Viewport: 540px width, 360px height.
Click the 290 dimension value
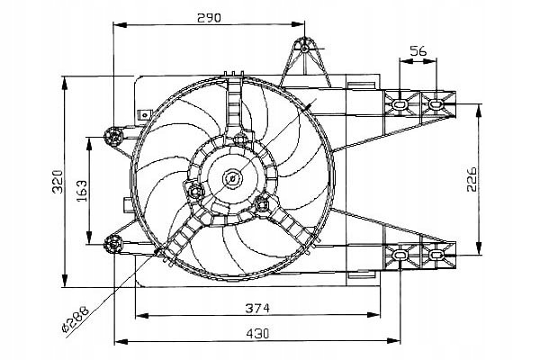209,18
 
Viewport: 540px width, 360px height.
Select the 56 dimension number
418,51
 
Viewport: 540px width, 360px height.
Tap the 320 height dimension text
58,182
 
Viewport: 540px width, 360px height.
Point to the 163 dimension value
82,191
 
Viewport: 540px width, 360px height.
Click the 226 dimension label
472,179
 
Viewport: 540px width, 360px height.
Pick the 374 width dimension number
257,308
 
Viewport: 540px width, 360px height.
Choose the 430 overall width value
257,334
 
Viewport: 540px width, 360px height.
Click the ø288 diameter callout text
76,319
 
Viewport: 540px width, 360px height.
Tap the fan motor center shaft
232,178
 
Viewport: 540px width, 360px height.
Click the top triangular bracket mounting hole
305,49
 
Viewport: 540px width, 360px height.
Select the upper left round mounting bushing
113,137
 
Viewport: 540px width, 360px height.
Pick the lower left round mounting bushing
113,244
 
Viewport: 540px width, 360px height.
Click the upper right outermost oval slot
436,103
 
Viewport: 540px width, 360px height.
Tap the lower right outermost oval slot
436,255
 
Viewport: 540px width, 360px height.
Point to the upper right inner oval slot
400,103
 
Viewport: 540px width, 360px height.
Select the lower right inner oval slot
400,255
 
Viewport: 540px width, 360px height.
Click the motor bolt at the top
239,139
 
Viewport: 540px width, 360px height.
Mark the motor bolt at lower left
196,191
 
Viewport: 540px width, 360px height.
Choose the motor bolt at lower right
262,204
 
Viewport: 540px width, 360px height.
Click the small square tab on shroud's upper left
145,114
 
